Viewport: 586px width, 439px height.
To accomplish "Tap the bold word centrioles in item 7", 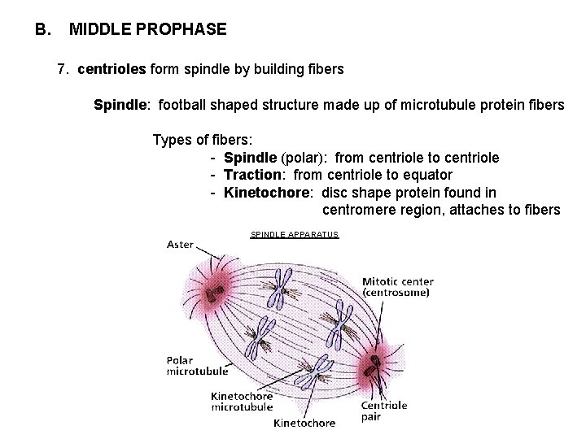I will [112, 70].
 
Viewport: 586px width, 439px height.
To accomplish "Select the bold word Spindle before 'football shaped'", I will [121, 105].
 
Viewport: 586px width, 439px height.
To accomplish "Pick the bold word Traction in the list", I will [254, 175].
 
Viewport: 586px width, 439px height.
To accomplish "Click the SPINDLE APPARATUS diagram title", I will [294, 235].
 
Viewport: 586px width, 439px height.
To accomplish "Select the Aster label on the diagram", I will [180, 245].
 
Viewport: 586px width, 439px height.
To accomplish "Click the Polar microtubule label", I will [197, 365].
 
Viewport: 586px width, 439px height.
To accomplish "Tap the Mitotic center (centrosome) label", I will [396, 287].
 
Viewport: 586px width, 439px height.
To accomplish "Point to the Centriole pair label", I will [383, 411].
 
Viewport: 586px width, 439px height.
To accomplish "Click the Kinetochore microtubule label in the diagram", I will [242, 402].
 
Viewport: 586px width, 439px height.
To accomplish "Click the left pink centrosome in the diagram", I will [216, 291].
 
